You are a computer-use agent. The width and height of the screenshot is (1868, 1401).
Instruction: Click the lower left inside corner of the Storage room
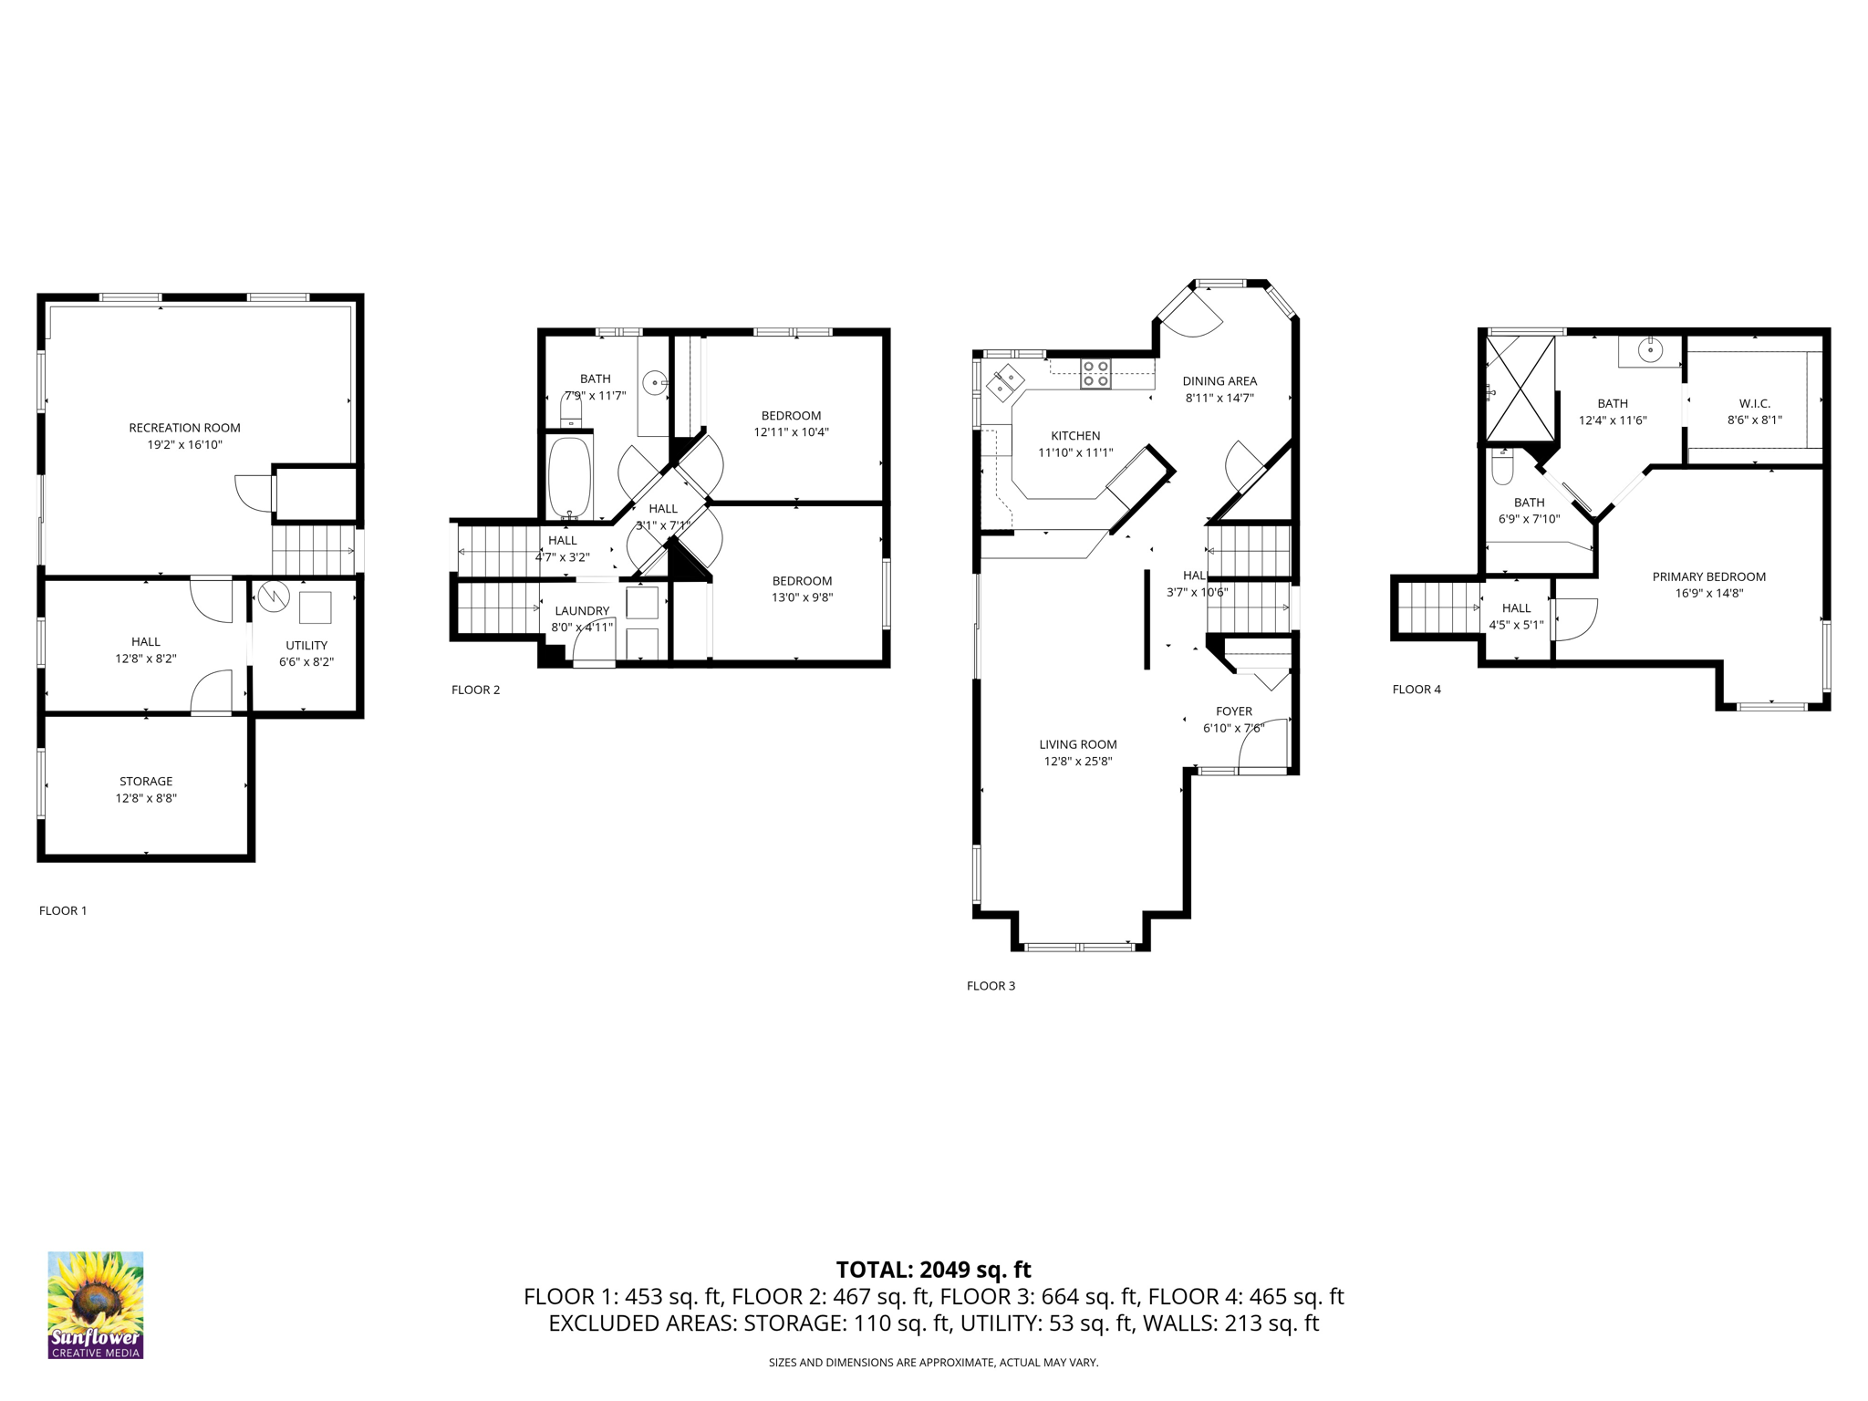(x=45, y=855)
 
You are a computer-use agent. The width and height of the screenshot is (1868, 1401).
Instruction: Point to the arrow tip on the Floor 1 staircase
(x=353, y=551)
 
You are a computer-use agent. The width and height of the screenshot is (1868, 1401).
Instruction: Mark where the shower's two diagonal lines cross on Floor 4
(x=1520, y=388)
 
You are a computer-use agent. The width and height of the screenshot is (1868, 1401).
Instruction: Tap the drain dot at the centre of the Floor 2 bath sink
(x=655, y=383)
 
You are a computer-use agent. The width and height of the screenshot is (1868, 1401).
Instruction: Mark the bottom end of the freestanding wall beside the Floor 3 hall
(x=1147, y=669)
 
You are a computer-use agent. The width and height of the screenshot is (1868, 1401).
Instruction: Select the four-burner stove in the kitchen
(x=1095, y=374)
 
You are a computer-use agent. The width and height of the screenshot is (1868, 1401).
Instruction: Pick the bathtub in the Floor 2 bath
(x=570, y=478)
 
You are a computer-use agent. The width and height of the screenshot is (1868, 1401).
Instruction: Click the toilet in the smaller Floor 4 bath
(x=1502, y=467)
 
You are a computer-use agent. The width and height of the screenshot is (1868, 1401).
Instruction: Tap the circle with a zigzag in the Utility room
(x=274, y=597)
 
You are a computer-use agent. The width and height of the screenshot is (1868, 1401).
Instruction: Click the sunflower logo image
(x=96, y=1304)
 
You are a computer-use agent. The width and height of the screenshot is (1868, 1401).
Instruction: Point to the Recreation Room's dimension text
(x=185, y=445)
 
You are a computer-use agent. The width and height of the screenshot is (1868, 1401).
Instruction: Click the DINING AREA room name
(x=1219, y=381)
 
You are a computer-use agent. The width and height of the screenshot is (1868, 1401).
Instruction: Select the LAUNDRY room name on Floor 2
(x=582, y=611)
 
